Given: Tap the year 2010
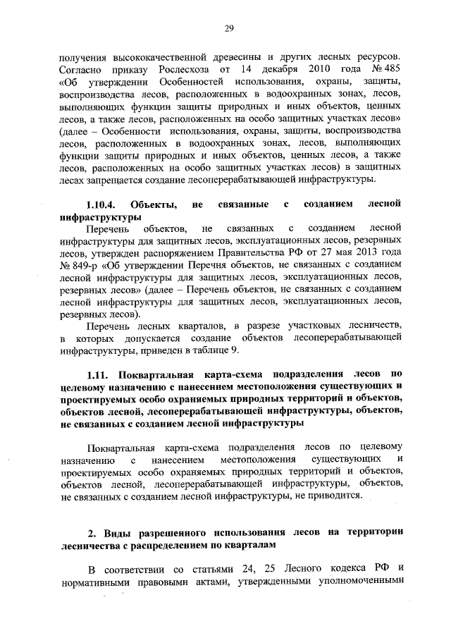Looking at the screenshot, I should [x=323, y=70].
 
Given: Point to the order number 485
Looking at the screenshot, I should [x=393, y=70].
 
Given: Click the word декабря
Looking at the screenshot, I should [x=274, y=70].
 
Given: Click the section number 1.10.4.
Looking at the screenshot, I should [x=104, y=205].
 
